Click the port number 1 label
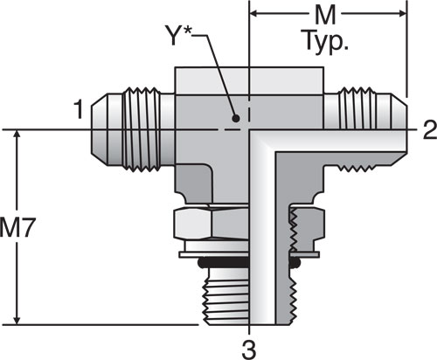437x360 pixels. click(x=80, y=109)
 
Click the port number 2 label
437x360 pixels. click(x=429, y=129)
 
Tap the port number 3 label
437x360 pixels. click(x=249, y=350)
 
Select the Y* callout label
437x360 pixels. click(x=177, y=35)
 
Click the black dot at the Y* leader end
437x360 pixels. click(x=236, y=119)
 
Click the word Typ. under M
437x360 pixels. click(x=326, y=41)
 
